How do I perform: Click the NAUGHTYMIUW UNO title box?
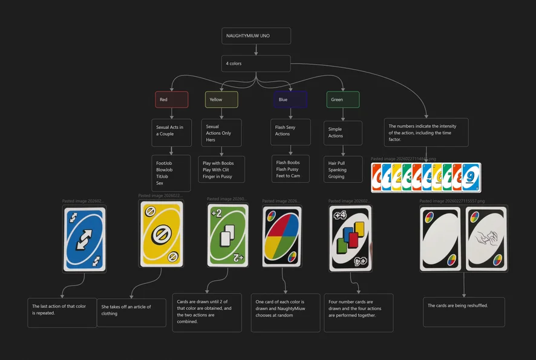256,36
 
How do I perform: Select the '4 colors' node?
256,64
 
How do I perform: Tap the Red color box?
172,99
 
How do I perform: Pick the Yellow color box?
221,99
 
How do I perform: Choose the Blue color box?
290,99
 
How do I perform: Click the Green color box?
343,99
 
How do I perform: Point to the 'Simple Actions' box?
343,133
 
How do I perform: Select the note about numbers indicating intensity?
426,132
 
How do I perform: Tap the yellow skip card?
161,234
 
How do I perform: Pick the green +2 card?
228,235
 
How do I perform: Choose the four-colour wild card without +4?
282,236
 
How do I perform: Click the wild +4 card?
350,238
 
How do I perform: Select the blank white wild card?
441,238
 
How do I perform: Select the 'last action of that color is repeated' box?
62,312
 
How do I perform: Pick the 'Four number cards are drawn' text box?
358,312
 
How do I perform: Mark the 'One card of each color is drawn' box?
285,312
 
